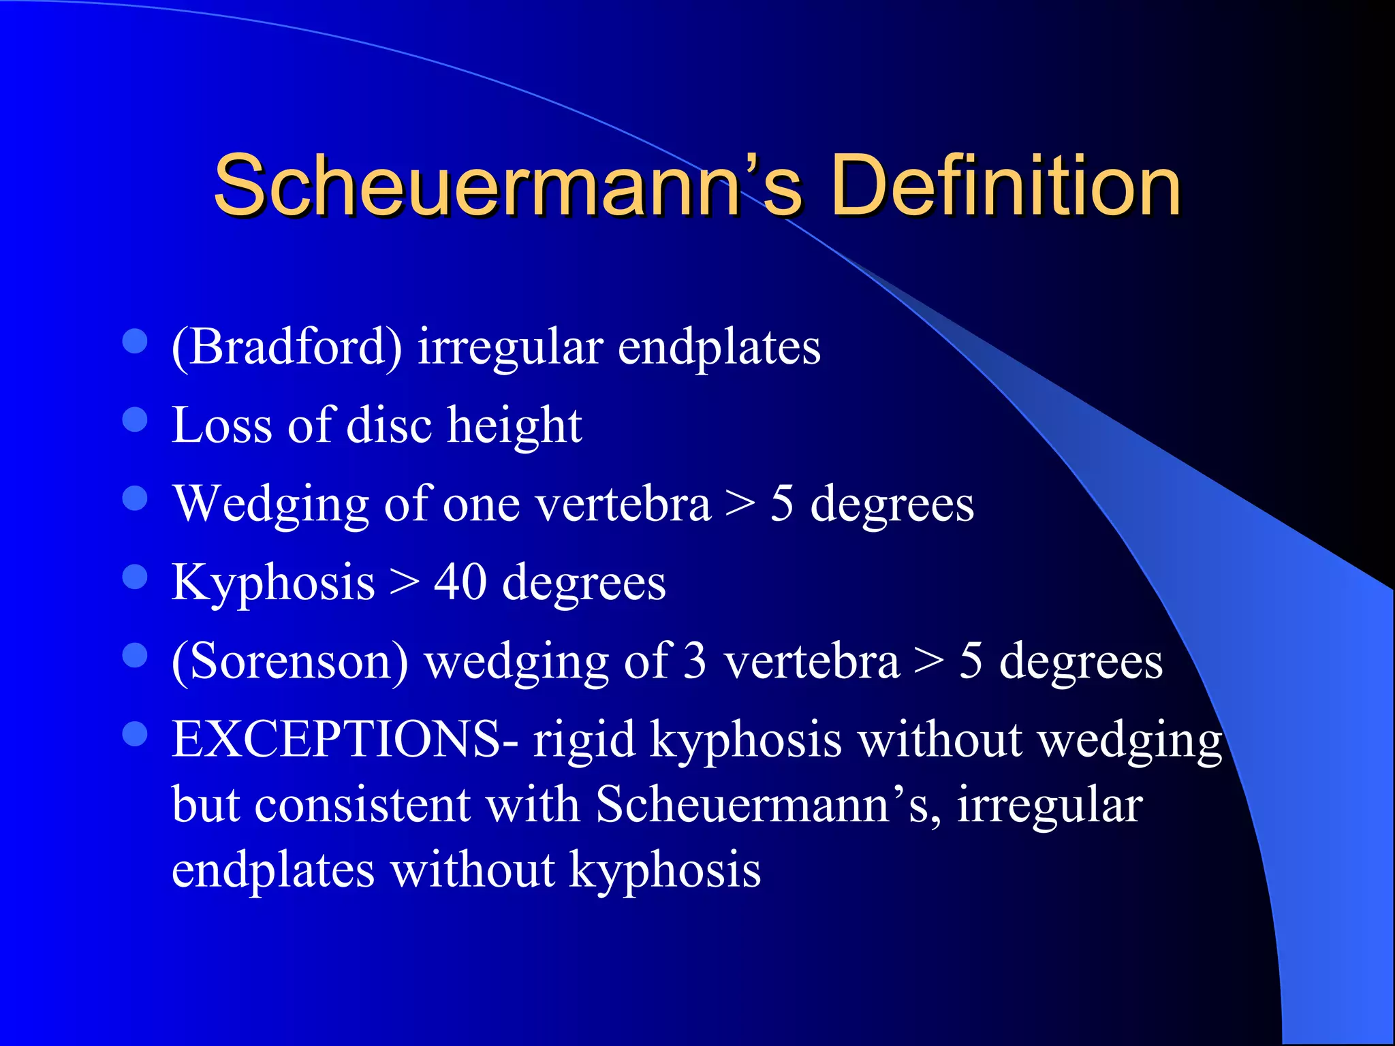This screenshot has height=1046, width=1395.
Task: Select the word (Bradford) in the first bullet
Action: pos(287,347)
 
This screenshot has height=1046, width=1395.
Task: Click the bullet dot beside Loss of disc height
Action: pos(135,419)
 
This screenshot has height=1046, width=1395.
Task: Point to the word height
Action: pos(514,426)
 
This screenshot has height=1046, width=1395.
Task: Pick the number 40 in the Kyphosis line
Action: pos(460,583)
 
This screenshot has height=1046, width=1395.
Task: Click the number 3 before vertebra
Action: pos(695,661)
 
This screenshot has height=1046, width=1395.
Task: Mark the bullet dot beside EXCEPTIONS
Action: pos(135,734)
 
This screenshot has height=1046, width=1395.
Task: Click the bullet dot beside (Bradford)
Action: pos(135,341)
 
